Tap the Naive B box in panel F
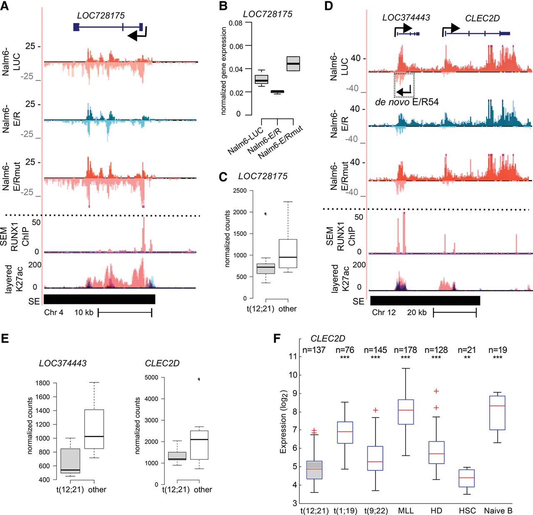(498, 412)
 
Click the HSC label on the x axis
(467, 510)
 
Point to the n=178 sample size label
(405, 350)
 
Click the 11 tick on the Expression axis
(293, 356)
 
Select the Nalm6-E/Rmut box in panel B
(293, 63)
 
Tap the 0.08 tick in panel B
(236, 23)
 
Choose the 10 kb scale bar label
(84, 312)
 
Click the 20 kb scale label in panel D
(416, 312)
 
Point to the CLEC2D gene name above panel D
(482, 18)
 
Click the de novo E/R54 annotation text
(406, 102)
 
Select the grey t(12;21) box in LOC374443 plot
(70, 460)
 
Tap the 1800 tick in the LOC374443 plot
(43, 383)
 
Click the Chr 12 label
(384, 312)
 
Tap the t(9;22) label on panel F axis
(376, 510)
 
